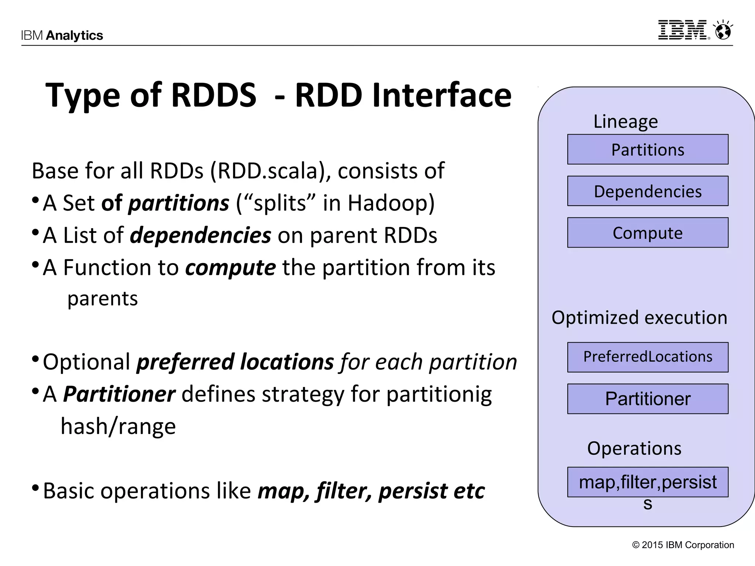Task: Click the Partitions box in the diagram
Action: click(x=647, y=149)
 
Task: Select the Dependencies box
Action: click(x=647, y=191)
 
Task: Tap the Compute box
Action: click(x=647, y=233)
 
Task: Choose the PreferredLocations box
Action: click(x=647, y=357)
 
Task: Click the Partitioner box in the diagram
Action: click(x=647, y=399)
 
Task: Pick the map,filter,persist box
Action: click(x=647, y=482)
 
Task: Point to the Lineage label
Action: click(x=625, y=121)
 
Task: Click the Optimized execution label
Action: click(x=639, y=317)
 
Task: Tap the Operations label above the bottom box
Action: click(x=634, y=448)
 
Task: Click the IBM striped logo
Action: click(x=683, y=30)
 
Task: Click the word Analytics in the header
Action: click(x=74, y=35)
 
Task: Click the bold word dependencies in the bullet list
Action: click(x=201, y=235)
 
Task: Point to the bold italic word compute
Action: click(x=230, y=267)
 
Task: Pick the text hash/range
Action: click(x=118, y=426)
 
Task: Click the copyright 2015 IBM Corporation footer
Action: click(x=683, y=545)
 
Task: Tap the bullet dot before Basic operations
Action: click(x=35, y=488)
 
